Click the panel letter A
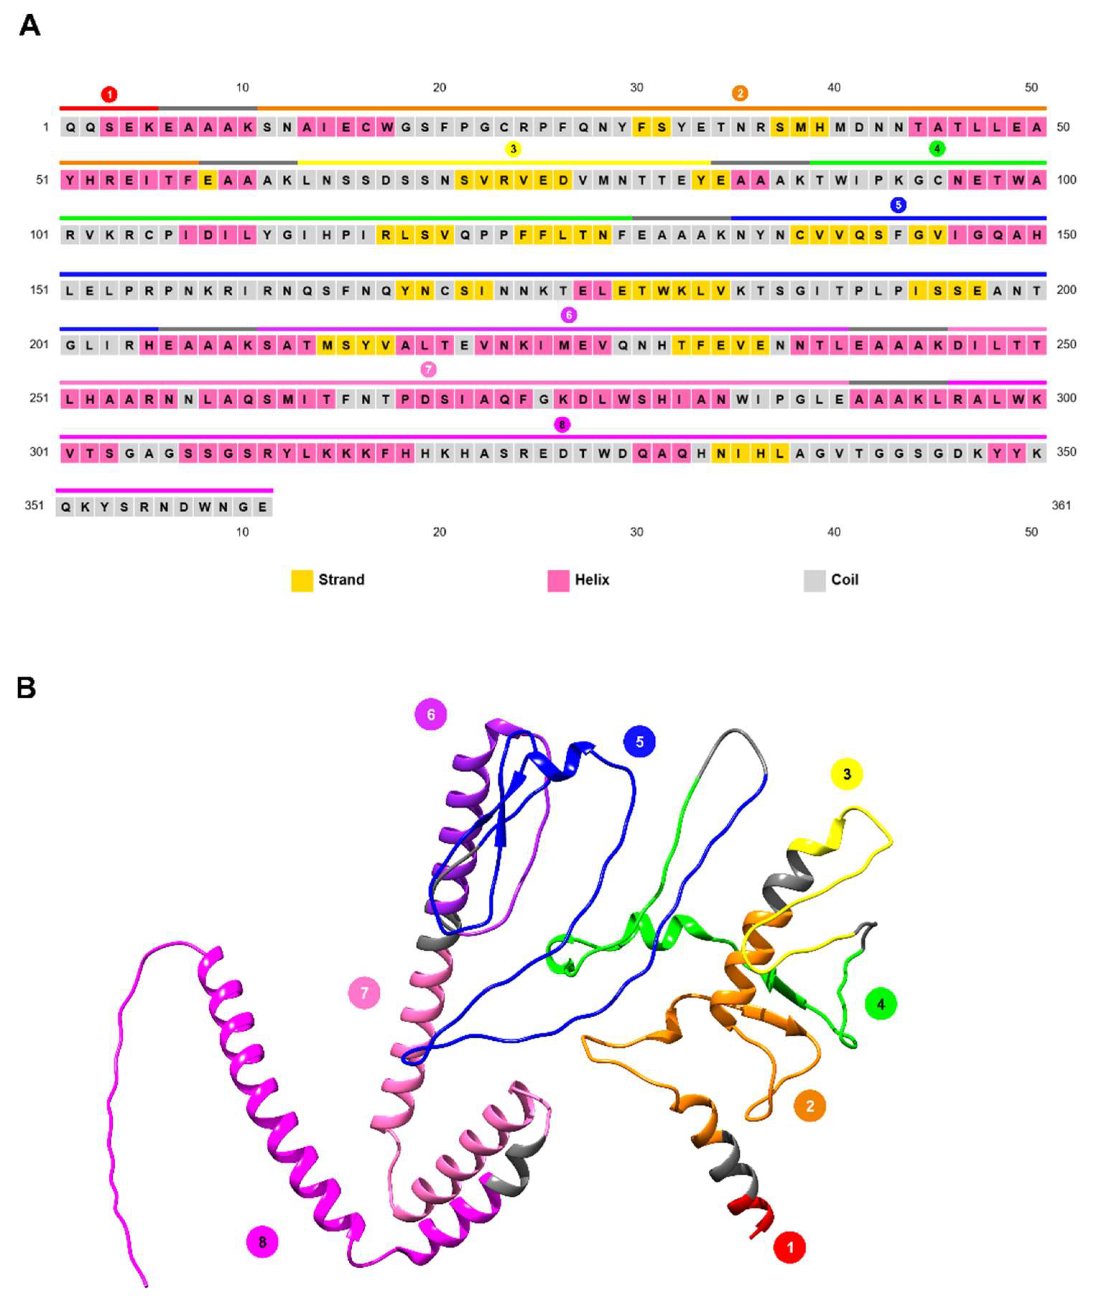29,26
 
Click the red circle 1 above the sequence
109,95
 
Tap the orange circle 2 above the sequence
740,93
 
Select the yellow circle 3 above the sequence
513,149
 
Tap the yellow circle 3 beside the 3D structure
847,774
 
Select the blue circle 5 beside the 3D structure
639,742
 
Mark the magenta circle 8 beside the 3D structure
262,1242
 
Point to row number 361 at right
1061,505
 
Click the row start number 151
39,290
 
